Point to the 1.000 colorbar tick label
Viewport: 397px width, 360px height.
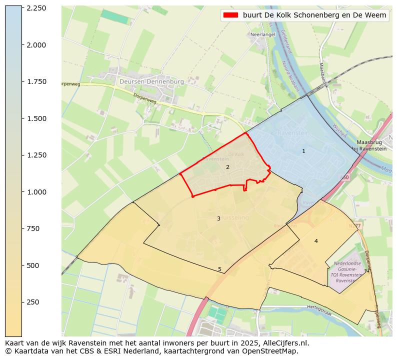(36, 192)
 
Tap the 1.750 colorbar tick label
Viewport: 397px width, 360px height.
(36, 81)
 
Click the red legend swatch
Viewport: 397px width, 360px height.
(230, 15)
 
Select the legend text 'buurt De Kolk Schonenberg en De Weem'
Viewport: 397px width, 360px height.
(314, 15)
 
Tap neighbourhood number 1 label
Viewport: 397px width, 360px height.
(303, 151)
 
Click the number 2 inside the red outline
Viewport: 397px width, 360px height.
(227, 167)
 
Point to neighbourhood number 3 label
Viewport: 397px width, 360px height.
(218, 218)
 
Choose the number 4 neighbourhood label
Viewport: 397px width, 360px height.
(316, 241)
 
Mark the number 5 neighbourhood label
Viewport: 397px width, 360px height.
(219, 269)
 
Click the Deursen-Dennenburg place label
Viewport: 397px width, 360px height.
(151, 81)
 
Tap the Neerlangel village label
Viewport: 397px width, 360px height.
(262, 34)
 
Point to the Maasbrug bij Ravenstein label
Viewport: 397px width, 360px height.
(369, 145)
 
